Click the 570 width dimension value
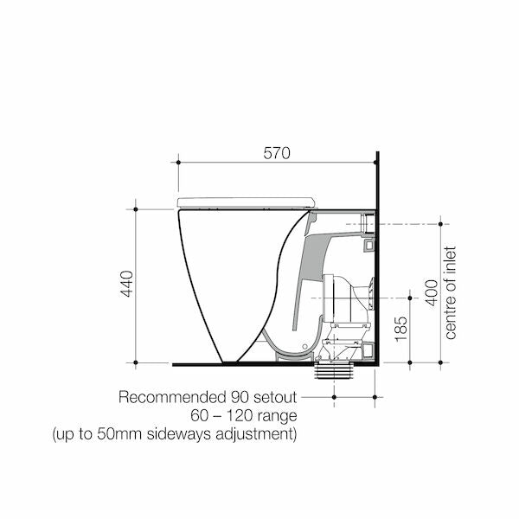click(277, 153)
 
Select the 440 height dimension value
click(127, 285)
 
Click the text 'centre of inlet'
click(450, 292)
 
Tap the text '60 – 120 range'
click(247, 415)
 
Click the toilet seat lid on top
click(246, 202)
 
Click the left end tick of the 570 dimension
click(178, 162)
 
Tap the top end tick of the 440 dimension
click(136, 208)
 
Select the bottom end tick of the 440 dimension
click(136, 363)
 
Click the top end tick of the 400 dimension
click(442, 224)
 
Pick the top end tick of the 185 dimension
click(408, 298)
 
